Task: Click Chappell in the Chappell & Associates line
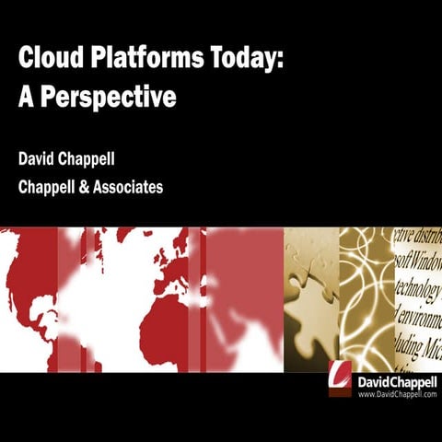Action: click(50, 187)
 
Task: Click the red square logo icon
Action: click(340, 378)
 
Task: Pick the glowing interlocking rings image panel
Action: click(366, 299)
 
